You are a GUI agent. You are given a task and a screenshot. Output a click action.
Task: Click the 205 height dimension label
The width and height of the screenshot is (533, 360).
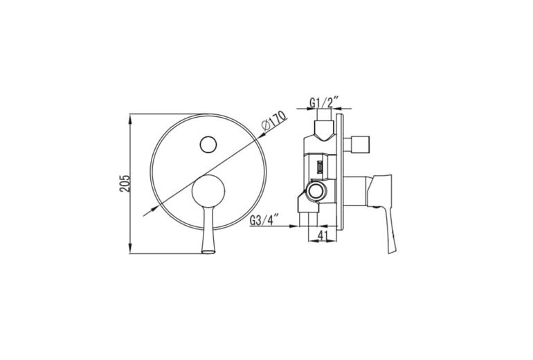[x=125, y=183]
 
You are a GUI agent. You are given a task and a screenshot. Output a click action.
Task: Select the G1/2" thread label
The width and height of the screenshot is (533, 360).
[x=324, y=102]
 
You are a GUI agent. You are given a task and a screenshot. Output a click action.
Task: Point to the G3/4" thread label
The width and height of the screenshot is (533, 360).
[x=265, y=219]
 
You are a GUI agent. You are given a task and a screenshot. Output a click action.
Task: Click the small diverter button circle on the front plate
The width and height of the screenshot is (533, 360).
[x=208, y=145]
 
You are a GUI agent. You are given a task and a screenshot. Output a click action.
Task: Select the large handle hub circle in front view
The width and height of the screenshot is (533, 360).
[x=208, y=191]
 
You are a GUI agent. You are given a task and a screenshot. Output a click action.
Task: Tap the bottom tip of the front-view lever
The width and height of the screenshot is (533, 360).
[x=208, y=252]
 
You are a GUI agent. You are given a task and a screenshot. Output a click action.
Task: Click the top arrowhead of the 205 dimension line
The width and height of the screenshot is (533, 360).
[x=130, y=118]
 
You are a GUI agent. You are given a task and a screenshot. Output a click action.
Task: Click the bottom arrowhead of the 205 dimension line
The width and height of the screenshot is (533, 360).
[x=130, y=249]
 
